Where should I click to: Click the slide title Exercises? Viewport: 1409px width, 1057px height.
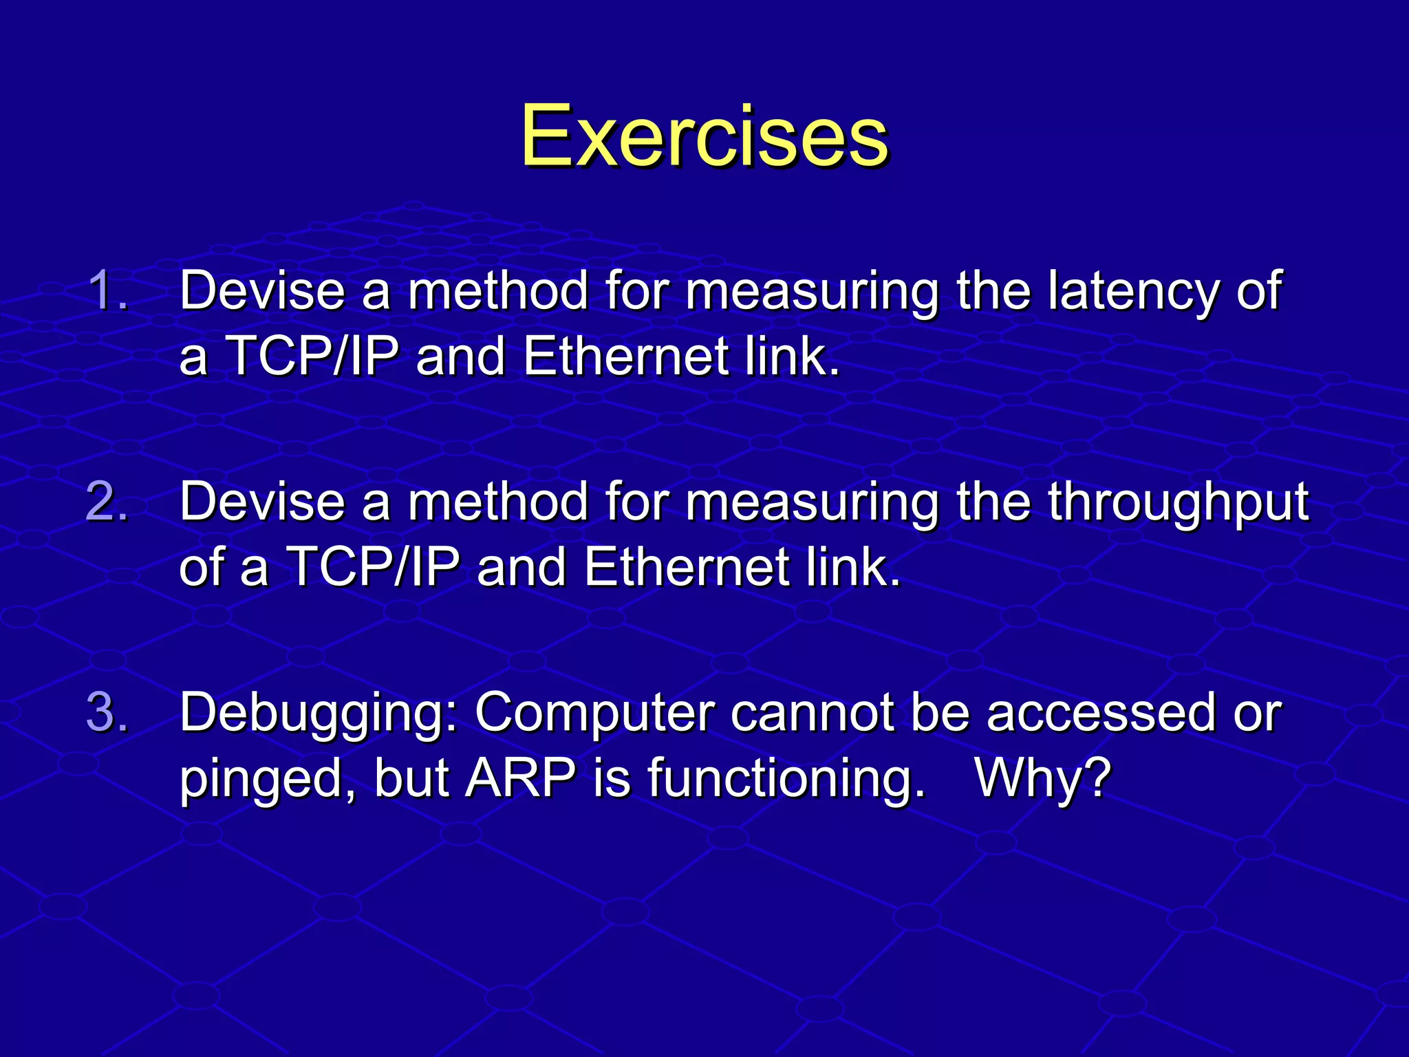tap(704, 136)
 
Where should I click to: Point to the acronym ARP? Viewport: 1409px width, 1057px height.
tap(521, 778)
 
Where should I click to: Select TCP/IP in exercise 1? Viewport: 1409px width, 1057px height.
tap(312, 356)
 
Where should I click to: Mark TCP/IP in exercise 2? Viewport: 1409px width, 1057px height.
tap(373, 567)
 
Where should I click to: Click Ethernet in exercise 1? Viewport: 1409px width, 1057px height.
tap(625, 356)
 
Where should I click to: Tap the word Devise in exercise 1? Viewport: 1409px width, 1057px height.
tap(262, 291)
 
